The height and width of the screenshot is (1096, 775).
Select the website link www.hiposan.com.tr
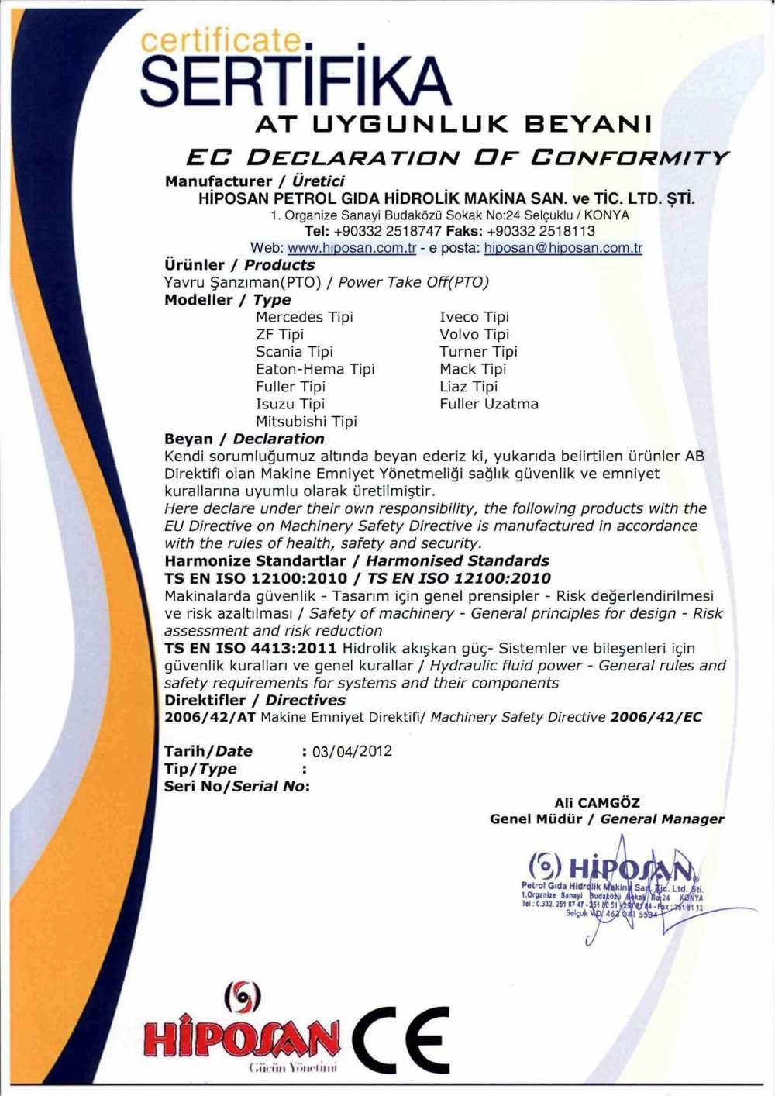coord(352,248)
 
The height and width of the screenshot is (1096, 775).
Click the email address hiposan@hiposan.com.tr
coord(563,248)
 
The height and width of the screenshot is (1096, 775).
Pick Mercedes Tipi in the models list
coord(304,317)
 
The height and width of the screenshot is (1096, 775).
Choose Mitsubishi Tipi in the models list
coord(306,422)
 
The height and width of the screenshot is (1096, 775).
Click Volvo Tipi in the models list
coord(474,334)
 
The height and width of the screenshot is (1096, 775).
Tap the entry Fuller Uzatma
coord(488,404)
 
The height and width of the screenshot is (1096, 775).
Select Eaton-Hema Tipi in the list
coord(315,369)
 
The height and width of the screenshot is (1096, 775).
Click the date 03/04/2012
coord(351,751)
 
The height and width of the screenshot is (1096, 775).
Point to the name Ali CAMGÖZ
coord(597,803)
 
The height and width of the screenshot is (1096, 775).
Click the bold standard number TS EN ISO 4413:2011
coord(250,648)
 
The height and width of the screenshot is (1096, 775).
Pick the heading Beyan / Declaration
coord(244,439)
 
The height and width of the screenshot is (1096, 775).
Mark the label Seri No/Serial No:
coord(236,786)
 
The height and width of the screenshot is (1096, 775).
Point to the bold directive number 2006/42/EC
coord(656,717)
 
